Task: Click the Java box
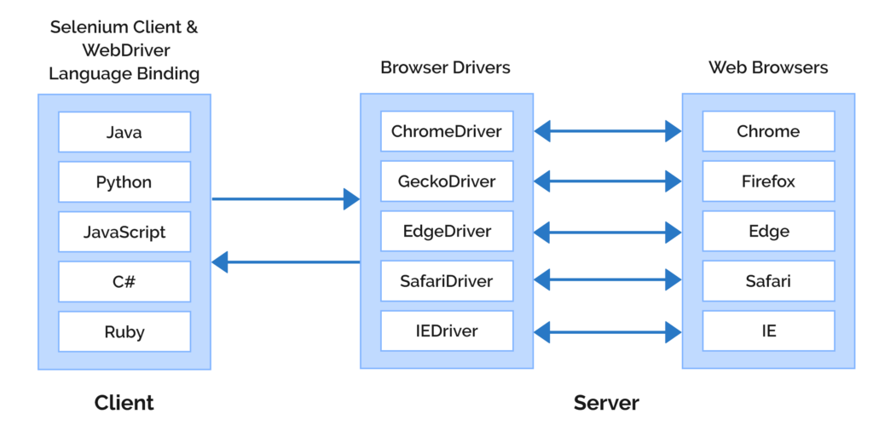(x=124, y=132)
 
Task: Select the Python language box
(x=124, y=182)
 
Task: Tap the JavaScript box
(x=124, y=232)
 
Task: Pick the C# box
(x=124, y=282)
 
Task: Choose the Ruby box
(x=124, y=331)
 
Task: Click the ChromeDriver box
(x=446, y=131)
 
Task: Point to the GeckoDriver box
(x=446, y=181)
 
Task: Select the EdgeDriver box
(x=446, y=231)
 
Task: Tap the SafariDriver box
(x=446, y=281)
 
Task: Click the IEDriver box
(x=446, y=330)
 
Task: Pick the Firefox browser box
(x=768, y=181)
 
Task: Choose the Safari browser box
(x=768, y=281)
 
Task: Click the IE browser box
(x=768, y=330)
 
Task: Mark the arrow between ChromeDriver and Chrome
(x=608, y=131)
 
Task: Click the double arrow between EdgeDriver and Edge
(x=608, y=231)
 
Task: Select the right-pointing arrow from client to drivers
(x=286, y=199)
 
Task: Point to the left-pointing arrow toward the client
(x=286, y=262)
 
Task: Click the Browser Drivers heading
(x=445, y=67)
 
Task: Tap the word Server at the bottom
(x=606, y=402)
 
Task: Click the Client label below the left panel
(x=124, y=402)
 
